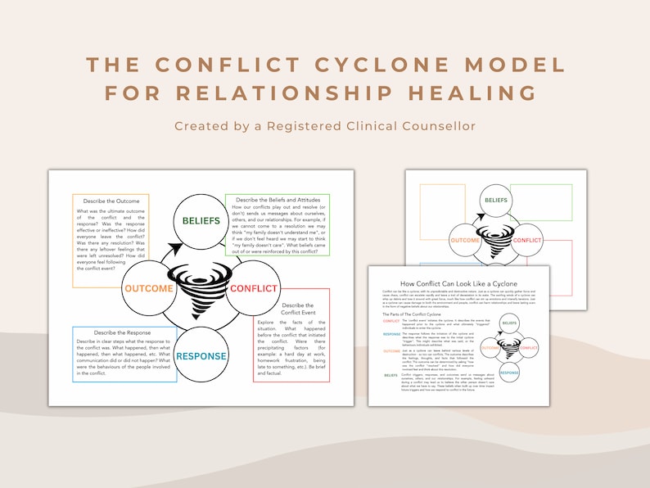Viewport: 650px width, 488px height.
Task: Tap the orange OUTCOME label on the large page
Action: [148, 288]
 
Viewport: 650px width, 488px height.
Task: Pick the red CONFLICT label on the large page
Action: [254, 288]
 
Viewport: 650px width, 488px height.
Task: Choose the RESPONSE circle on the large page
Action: [201, 356]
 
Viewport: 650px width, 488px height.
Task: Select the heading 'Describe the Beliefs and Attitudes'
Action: [278, 201]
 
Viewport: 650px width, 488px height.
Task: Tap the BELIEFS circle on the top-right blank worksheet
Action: [495, 200]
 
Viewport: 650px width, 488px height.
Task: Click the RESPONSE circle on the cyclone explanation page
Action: [510, 373]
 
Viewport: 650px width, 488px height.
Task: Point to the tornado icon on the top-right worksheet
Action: [495, 239]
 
